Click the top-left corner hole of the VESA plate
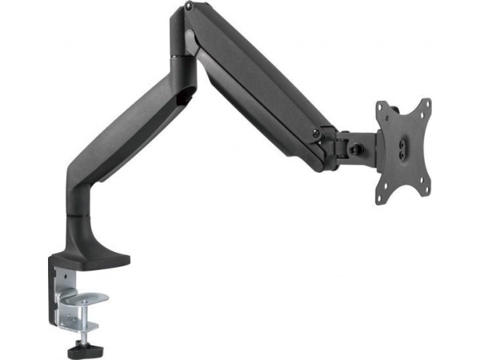pyautogui.click(x=381, y=107)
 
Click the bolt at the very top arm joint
pyautogui.click(x=188, y=7)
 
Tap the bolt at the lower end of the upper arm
pyautogui.click(x=318, y=130)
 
